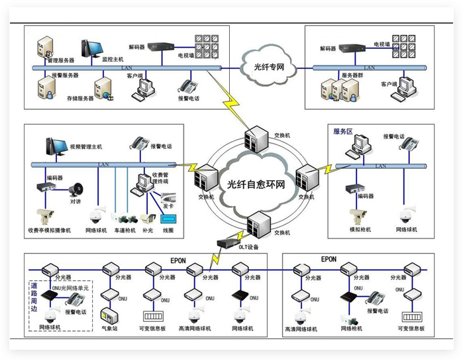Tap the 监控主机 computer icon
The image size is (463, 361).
(x=91, y=48)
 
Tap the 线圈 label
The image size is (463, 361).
(x=168, y=231)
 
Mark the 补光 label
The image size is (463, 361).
(x=147, y=231)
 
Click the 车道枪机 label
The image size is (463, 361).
(x=124, y=231)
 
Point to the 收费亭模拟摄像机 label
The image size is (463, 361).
(x=49, y=231)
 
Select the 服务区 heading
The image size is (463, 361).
(x=346, y=131)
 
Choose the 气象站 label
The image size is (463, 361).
(x=109, y=329)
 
